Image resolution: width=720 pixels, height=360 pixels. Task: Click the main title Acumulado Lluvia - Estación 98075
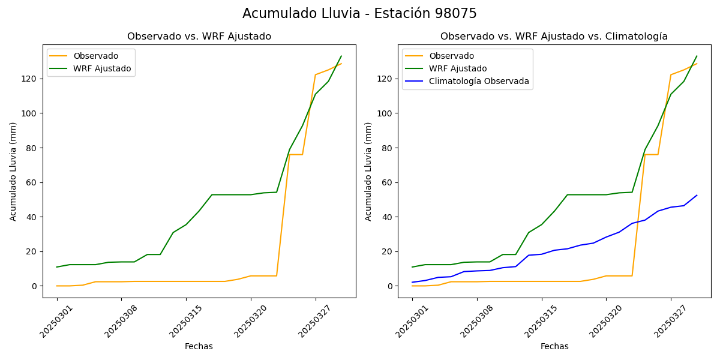tap(359, 14)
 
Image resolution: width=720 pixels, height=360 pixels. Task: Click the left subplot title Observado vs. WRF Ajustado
tap(199, 37)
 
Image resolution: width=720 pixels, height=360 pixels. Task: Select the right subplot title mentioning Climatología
tap(554, 37)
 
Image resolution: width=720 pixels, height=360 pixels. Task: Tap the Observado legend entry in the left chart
tap(95, 56)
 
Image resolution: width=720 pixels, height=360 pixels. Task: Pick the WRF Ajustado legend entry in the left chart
tap(102, 68)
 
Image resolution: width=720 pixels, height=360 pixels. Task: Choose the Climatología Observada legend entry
tap(479, 81)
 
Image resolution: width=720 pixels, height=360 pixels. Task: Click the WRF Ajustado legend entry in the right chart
tap(458, 68)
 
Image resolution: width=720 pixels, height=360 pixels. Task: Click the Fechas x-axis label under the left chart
tap(199, 347)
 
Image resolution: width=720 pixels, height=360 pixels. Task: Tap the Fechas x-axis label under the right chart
tap(554, 347)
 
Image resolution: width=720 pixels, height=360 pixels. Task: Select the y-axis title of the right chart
tap(368, 172)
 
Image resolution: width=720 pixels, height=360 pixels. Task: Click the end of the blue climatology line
tap(697, 195)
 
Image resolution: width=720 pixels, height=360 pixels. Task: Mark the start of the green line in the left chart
tap(57, 267)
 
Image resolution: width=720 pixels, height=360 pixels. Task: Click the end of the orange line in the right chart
tap(697, 64)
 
